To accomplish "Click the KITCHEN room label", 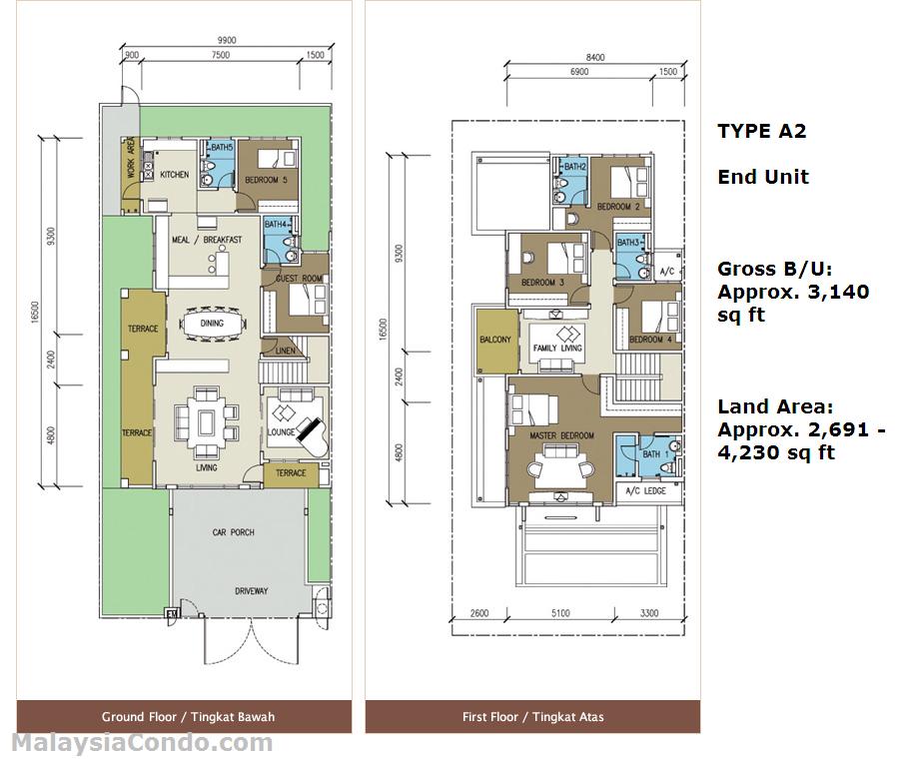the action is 174,175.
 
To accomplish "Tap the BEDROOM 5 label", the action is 266,180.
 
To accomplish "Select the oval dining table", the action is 212,324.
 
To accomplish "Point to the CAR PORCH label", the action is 234,532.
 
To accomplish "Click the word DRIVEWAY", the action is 251,591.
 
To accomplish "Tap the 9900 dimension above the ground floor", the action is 227,40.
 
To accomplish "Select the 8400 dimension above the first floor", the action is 595,57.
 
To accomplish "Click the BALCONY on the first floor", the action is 495,340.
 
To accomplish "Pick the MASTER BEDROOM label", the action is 561,435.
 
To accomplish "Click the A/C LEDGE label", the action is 646,491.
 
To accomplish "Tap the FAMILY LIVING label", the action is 557,348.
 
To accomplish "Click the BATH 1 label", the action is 655,454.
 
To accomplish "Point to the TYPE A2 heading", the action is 762,131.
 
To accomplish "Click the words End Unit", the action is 763,177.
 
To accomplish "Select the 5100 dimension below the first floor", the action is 560,613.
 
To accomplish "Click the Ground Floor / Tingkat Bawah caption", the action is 188,717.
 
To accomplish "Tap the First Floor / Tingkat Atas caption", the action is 533,717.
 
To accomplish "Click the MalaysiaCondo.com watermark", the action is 142,744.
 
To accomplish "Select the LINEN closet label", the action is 286,351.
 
